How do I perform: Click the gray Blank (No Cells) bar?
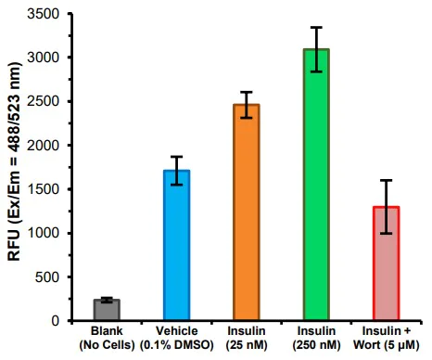pos(107,310)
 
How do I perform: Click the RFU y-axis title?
pos(15,167)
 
